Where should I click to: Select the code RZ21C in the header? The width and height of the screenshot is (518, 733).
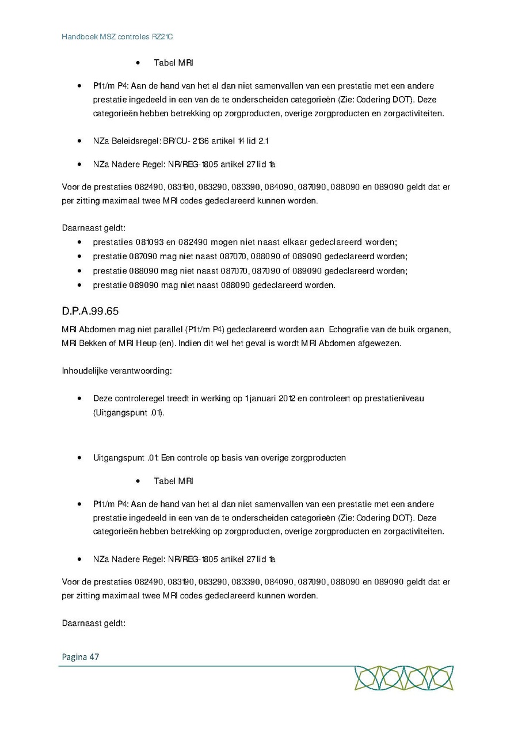pos(162,37)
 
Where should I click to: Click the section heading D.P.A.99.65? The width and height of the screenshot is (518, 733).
pos(90,312)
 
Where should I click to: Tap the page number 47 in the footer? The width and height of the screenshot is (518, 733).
pos(94,656)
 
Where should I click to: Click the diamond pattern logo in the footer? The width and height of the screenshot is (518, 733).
pos(403,678)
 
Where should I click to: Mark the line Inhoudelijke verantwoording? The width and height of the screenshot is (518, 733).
pos(117,370)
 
